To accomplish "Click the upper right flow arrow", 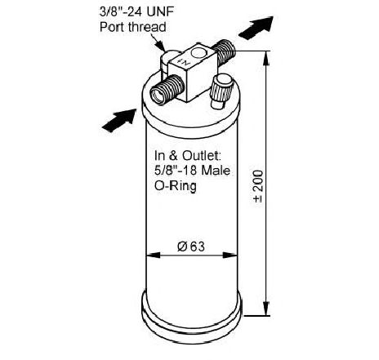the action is pos(256,28).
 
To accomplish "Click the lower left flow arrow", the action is pos(119,121).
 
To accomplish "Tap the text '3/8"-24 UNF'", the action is pos(136,11).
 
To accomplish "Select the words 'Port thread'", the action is pos(133,27).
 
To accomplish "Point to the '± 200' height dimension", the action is pos(258,186).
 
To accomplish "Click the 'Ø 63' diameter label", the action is pos(191,247).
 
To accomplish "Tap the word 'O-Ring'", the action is pos(176,186).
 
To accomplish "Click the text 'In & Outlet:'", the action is pos(188,156).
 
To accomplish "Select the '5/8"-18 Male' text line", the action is pos(192,171).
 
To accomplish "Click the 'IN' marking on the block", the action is pos(183,61).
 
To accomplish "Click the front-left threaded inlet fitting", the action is pos(167,90).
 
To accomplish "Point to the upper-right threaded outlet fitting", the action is pos(224,52).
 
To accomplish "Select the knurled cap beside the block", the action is pos(221,91).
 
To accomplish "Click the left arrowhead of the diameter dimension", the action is pos(154,256).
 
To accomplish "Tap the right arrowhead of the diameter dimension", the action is pos(230,256).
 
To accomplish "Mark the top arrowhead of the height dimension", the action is pos(266,58).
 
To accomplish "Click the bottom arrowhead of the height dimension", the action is pos(266,309).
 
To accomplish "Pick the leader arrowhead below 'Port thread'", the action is pos(161,46).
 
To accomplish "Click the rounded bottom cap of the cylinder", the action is pos(191,320).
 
